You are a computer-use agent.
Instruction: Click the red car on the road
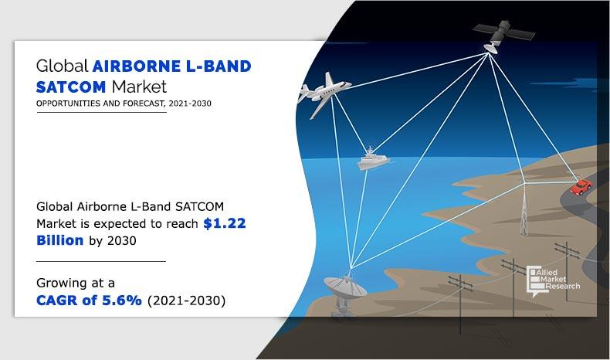[581, 187]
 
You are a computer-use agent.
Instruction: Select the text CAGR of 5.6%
[89, 301]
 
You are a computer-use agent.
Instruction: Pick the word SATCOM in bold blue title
[68, 85]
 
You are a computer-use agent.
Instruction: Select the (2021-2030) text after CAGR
[185, 301]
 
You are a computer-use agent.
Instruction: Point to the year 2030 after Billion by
[121, 239]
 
